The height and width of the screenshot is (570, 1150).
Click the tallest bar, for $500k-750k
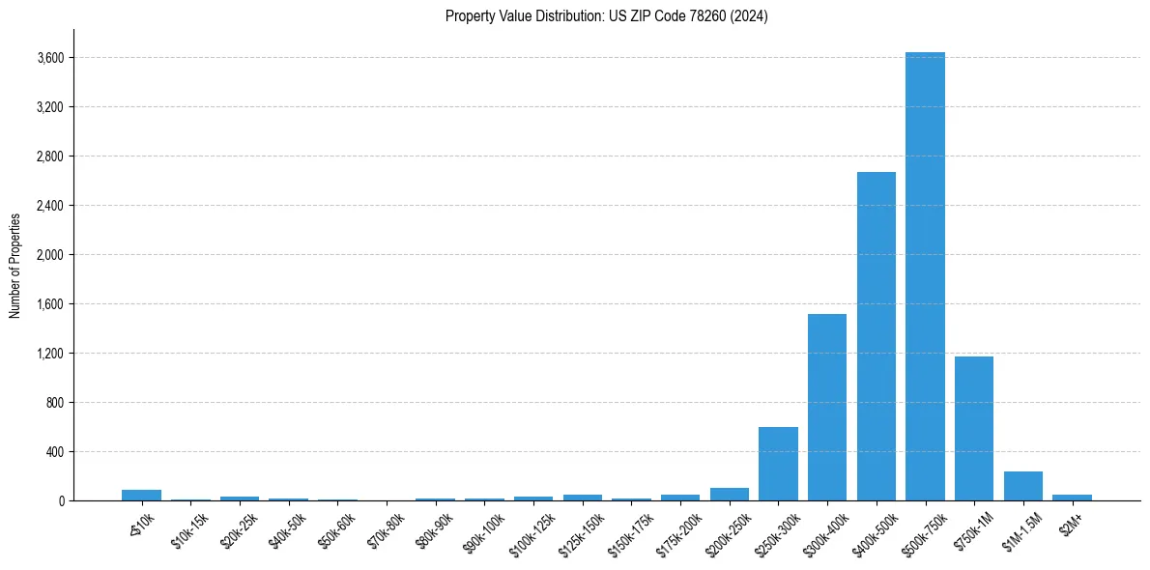pyautogui.click(x=925, y=276)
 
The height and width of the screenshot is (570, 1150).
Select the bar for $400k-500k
pyautogui.click(x=876, y=336)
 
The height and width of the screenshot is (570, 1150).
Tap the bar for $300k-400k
pyautogui.click(x=827, y=407)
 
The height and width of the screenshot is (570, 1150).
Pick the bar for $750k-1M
pyautogui.click(x=974, y=428)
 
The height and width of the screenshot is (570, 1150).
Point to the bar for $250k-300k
pyautogui.click(x=778, y=464)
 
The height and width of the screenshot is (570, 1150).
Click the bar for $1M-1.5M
pyautogui.click(x=1023, y=486)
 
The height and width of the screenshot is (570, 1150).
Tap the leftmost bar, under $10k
pyautogui.click(x=141, y=496)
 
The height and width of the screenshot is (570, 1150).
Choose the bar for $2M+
pyautogui.click(x=1072, y=498)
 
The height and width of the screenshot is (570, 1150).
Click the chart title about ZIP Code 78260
pyautogui.click(x=607, y=16)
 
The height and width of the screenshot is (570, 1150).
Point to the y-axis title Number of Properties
pyautogui.click(x=15, y=265)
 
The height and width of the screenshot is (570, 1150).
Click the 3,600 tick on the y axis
pyautogui.click(x=49, y=58)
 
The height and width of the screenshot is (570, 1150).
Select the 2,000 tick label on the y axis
pyautogui.click(x=49, y=255)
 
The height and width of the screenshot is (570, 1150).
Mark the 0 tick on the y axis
pyautogui.click(x=60, y=501)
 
